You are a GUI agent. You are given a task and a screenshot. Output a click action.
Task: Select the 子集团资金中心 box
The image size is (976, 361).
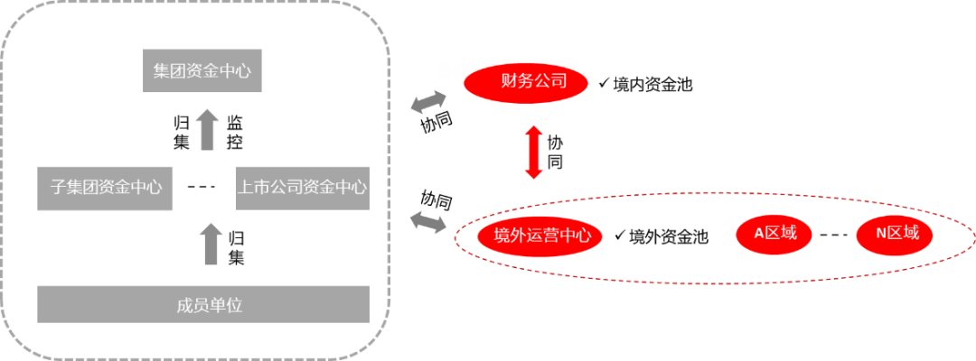(x=105, y=188)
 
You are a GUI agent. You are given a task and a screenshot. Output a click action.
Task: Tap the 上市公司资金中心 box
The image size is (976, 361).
(x=303, y=188)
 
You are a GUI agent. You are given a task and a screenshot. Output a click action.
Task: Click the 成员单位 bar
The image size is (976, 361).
(x=203, y=304)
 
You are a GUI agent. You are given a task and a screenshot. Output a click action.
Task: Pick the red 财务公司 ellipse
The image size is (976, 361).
(x=525, y=83)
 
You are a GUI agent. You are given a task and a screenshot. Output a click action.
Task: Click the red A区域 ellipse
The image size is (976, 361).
(x=775, y=234)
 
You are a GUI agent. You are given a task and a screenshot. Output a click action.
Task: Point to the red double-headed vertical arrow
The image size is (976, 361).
(x=534, y=152)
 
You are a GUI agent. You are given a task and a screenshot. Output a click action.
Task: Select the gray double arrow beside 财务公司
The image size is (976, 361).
(x=427, y=102)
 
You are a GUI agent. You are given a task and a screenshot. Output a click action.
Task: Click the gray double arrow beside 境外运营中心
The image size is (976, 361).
(x=427, y=221)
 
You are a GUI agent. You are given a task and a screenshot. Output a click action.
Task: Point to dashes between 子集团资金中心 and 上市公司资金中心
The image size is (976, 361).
(x=201, y=187)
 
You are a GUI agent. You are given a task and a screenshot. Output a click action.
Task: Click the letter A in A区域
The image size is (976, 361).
(x=760, y=234)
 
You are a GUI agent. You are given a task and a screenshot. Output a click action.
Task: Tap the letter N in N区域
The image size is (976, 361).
(x=881, y=234)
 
